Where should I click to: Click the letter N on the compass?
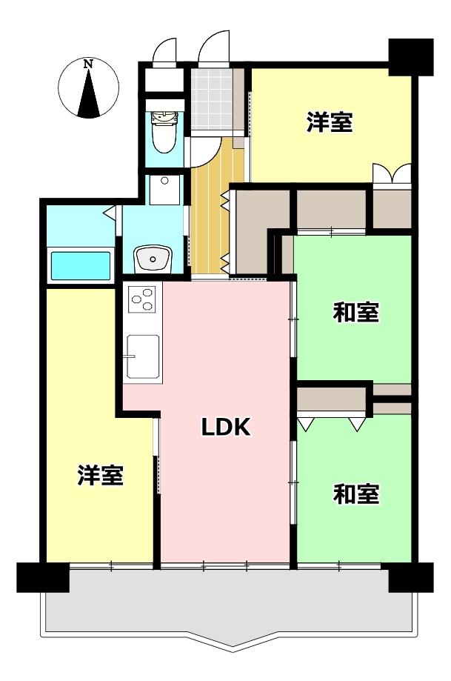pyautogui.click(x=89, y=64)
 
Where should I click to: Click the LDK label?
pyautogui.click(x=226, y=427)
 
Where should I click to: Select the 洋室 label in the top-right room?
pyautogui.click(x=330, y=122)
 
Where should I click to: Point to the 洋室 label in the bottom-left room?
pyautogui.click(x=101, y=475)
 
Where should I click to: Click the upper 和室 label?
pyautogui.click(x=356, y=312)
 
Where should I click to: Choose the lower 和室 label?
pyautogui.click(x=356, y=494)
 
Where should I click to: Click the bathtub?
pyautogui.click(x=81, y=265)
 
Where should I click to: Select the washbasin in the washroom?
pyautogui.click(x=153, y=259)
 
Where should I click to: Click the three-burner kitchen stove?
pyautogui.click(x=143, y=299)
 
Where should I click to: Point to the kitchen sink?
pyautogui.click(x=142, y=356)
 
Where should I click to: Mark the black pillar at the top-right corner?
pyautogui.click(x=410, y=57)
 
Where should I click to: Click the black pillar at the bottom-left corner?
pyautogui.click(x=42, y=577)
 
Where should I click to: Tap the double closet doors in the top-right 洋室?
pyautogui.click(x=392, y=173)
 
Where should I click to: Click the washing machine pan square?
pyautogui.click(x=164, y=190)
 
